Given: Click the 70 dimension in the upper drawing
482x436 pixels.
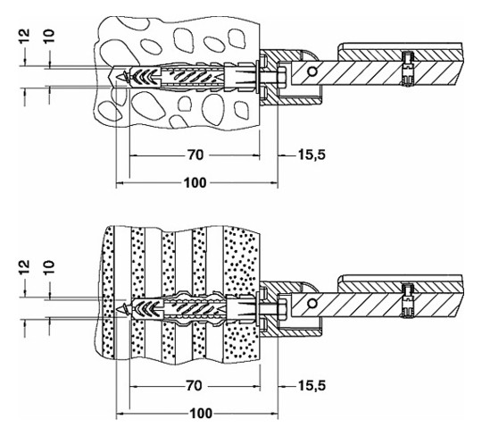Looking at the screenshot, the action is tap(195, 155).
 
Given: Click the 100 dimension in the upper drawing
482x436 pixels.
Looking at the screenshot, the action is tap(195, 183).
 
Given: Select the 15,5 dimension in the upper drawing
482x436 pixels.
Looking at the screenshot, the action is tap(312, 155).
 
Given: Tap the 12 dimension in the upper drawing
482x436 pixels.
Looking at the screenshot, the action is tap(25, 36).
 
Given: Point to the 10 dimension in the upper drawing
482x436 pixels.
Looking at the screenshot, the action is tap(49, 36).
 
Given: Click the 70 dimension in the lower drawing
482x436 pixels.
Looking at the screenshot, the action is tap(195, 386).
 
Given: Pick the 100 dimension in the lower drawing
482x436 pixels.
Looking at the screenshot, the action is tap(201, 414).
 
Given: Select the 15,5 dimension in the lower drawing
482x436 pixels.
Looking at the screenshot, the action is tap(312, 385).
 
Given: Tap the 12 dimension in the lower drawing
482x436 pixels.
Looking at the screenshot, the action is tap(25, 267).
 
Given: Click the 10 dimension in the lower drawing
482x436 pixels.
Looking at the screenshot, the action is tap(49, 267).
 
